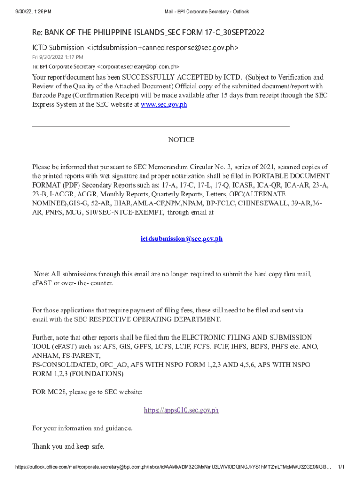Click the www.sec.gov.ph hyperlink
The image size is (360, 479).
click(164, 104)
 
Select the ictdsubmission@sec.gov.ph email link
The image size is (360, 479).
click(181, 239)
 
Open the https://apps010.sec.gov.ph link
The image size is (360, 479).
click(181, 410)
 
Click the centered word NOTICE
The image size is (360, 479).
click(181, 140)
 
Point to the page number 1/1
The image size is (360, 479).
click(341, 467)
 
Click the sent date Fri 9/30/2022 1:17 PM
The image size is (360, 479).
click(58, 57)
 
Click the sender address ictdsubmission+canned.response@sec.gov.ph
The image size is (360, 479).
click(163, 47)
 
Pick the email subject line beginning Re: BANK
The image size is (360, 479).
click(148, 32)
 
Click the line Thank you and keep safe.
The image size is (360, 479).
click(68, 446)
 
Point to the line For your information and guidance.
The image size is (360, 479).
click(82, 428)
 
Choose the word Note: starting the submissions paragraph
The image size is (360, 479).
click(41, 274)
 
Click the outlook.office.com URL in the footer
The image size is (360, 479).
click(173, 467)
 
